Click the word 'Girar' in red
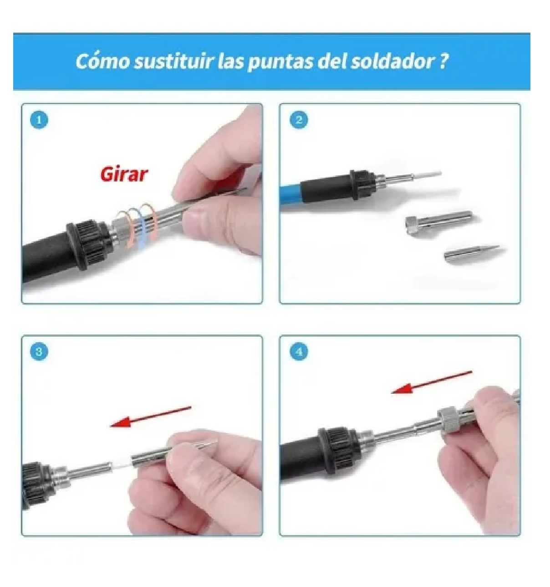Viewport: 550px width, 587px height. (x=124, y=174)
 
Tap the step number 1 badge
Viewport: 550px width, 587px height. (x=39, y=120)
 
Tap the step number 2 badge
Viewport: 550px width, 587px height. (x=299, y=120)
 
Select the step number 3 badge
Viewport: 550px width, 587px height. (x=39, y=352)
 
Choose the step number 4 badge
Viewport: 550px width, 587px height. (x=299, y=352)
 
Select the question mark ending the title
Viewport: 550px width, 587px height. (x=444, y=61)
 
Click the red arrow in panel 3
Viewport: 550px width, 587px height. (x=150, y=416)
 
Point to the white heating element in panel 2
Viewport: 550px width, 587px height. (x=428, y=174)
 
